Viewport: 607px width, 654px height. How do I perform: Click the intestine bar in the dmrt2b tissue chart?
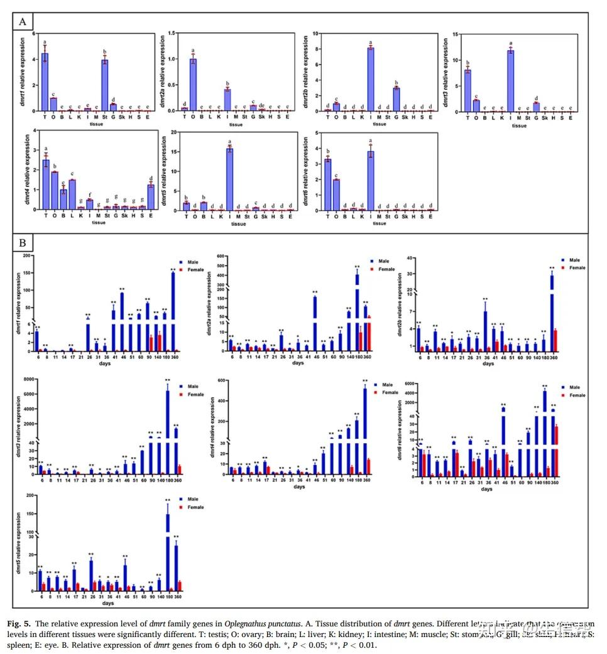pyautogui.click(x=371, y=79)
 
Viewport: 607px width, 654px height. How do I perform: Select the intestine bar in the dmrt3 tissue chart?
pyautogui.click(x=511, y=80)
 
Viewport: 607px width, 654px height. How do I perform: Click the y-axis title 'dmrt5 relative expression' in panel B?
pyautogui.click(x=19, y=543)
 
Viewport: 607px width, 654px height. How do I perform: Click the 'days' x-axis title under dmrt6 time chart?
pyautogui.click(x=486, y=490)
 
